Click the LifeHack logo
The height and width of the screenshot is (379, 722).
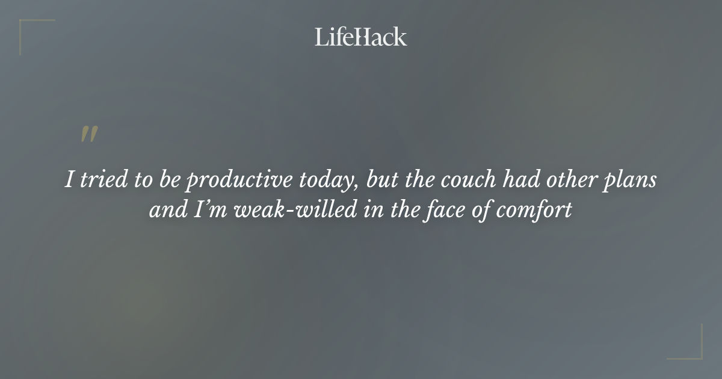[x=360, y=37]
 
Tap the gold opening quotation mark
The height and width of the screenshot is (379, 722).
[x=89, y=135]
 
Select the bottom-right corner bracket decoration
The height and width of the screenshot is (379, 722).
[x=692, y=350]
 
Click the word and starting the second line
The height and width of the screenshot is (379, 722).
[x=165, y=211]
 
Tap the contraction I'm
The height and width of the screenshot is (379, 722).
[x=205, y=211]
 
